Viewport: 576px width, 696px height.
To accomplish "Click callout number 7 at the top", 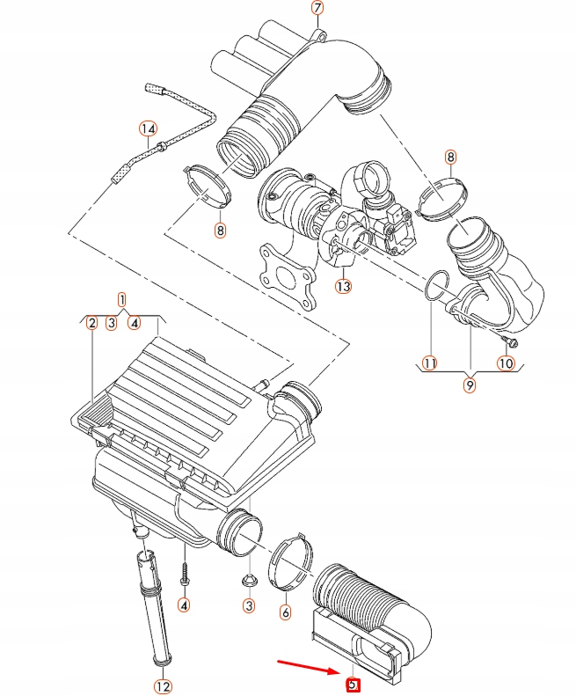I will [x=317, y=8].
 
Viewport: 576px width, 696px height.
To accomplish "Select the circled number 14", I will [x=148, y=129].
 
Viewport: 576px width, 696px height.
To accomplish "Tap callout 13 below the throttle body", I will [x=342, y=286].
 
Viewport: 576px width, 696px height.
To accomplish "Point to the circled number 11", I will [x=429, y=363].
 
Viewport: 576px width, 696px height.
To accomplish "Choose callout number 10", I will [x=506, y=363].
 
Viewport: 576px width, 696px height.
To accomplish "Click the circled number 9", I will [x=470, y=385].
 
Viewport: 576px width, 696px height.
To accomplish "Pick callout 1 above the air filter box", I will [x=121, y=300].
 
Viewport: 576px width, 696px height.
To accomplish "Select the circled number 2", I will [x=91, y=324].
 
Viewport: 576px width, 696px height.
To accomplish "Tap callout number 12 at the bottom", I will [x=164, y=685].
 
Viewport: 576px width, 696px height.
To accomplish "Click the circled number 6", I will [x=285, y=612].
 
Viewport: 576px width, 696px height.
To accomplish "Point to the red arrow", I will [x=308, y=665].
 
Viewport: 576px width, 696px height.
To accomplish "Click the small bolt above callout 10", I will [x=510, y=340].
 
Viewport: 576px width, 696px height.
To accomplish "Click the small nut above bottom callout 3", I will [x=248, y=579].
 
